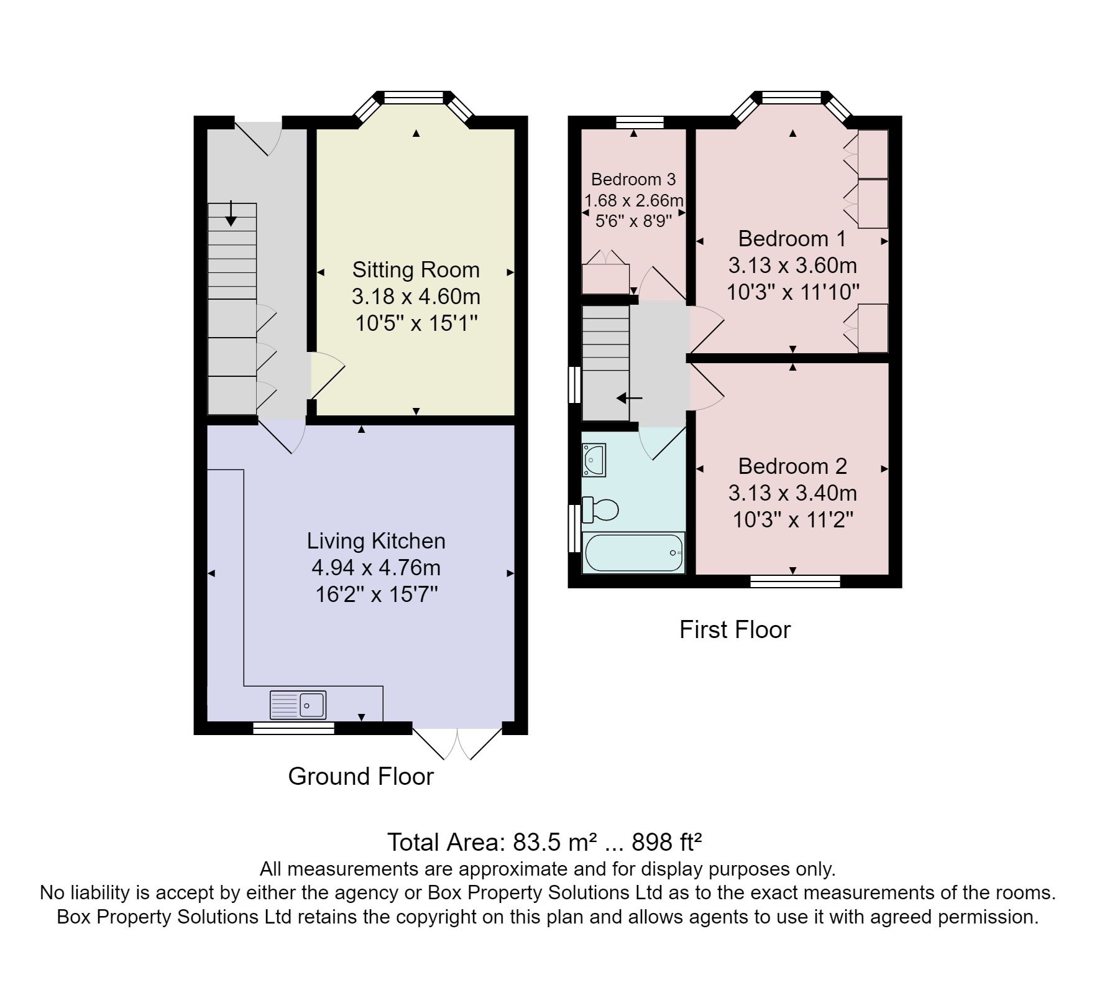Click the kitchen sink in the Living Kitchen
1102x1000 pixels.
[298, 705]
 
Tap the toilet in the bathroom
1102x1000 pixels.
[600, 510]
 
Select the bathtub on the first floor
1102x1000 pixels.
[633, 552]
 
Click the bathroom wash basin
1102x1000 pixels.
[594, 460]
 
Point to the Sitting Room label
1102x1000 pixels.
[416, 270]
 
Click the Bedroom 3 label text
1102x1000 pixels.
[633, 180]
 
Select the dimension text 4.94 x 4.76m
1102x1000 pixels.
[376, 568]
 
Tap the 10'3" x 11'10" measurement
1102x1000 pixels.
[792, 292]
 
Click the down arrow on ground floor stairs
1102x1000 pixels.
[231, 214]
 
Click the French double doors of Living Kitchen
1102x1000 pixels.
[457, 742]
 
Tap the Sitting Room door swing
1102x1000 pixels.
[327, 375]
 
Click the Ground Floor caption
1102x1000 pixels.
[360, 776]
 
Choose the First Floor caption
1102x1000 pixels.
[735, 629]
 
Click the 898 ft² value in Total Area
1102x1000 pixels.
[667, 842]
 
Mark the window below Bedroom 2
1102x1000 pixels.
[795, 581]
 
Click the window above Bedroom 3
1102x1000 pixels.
[640, 122]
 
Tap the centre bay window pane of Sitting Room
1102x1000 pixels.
[413, 97]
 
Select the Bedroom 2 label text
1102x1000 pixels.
[792, 466]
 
